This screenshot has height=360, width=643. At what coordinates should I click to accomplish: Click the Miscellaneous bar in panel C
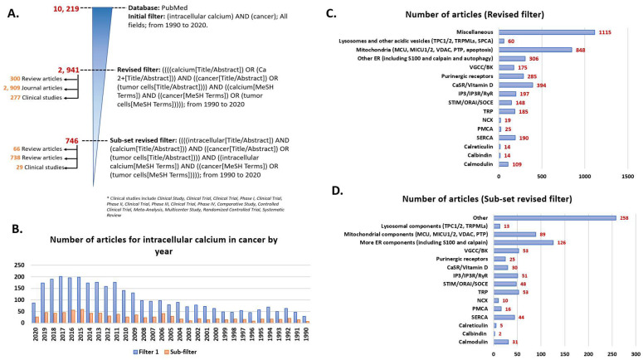(x=545, y=32)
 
